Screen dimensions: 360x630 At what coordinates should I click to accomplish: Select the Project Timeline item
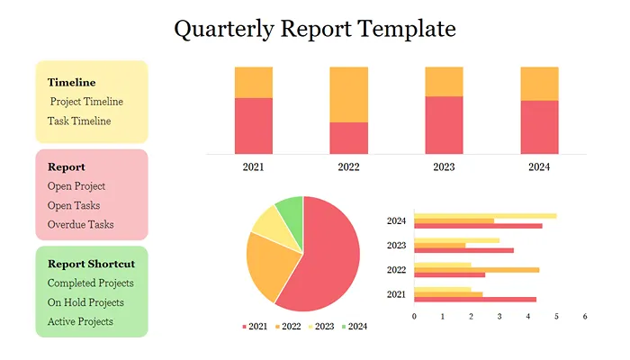pyautogui.click(x=86, y=102)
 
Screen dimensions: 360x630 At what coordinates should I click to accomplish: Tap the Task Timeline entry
pyautogui.click(x=79, y=121)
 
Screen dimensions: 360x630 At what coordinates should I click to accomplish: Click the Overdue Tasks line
pyautogui.click(x=80, y=224)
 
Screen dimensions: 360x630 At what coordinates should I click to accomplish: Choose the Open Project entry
pyautogui.click(x=76, y=186)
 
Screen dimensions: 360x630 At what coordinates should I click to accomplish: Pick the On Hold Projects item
pyautogui.click(x=85, y=302)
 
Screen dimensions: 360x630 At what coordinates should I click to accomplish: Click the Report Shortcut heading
pyautogui.click(x=91, y=264)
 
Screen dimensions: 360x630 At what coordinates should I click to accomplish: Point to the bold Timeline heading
pyautogui.click(x=71, y=83)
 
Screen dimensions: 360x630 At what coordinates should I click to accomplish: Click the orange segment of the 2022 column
pyautogui.click(x=348, y=94)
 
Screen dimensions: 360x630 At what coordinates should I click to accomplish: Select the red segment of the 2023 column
pyautogui.click(x=444, y=124)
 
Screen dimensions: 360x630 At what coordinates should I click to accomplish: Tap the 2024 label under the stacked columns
pyautogui.click(x=539, y=166)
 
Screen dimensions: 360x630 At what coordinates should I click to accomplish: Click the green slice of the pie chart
pyautogui.click(x=290, y=211)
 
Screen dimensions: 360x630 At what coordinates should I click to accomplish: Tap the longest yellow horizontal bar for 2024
pyautogui.click(x=485, y=216)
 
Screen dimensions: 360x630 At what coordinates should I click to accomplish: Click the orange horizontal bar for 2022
pyautogui.click(x=477, y=269)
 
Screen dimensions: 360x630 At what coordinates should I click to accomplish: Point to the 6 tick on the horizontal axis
pyautogui.click(x=585, y=316)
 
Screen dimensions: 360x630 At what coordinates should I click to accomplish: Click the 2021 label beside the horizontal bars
pyautogui.click(x=396, y=294)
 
